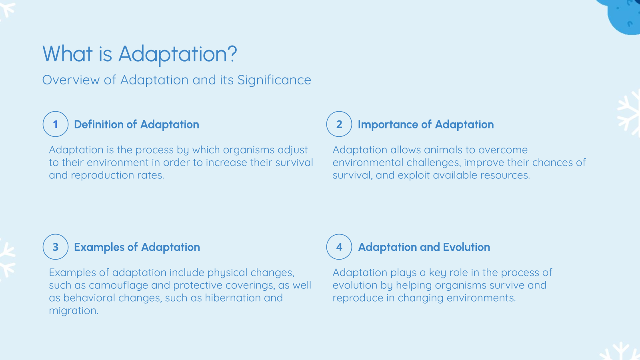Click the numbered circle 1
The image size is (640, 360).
tap(56, 124)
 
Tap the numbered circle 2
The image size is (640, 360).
tap(339, 124)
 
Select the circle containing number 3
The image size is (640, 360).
tap(56, 247)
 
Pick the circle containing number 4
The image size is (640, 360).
tap(339, 247)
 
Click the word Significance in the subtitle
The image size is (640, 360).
tap(274, 80)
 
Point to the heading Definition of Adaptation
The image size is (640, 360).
tap(136, 124)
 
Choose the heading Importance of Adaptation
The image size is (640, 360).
tap(426, 124)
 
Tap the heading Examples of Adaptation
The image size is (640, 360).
tap(137, 247)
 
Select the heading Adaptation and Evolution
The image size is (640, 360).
tap(424, 247)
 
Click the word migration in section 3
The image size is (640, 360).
tap(73, 311)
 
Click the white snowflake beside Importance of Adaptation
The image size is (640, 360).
tap(630, 114)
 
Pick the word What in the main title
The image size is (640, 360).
tap(67, 54)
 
